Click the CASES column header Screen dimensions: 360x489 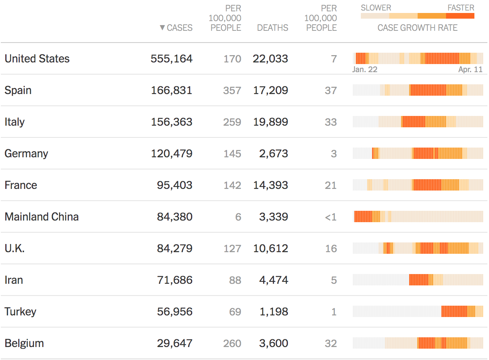tap(180, 28)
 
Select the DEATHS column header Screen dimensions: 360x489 tap(272, 28)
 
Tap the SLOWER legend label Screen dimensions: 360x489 tap(376, 8)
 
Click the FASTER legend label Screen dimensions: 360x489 tap(461, 8)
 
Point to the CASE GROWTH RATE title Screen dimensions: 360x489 tap(417, 28)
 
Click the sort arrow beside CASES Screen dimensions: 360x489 tap(162, 28)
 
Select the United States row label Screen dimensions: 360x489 tap(37, 59)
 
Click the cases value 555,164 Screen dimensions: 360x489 tap(172, 59)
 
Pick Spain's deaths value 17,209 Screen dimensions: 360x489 tap(270, 90)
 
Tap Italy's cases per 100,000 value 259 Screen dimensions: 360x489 tap(232, 122)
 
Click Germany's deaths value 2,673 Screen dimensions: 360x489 tap(274, 154)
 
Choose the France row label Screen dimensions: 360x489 tap(21, 185)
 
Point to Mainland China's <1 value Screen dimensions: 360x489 tap(330, 217)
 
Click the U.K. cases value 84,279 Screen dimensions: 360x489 tap(174, 249)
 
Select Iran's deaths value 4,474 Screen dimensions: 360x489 tap(274, 280)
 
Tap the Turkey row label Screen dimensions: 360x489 tap(20, 312)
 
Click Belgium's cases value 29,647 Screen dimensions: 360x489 tap(174, 343)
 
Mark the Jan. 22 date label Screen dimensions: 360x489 tap(365, 69)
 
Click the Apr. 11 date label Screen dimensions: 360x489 tap(470, 69)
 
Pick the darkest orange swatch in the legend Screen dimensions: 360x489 tap(460, 16)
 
